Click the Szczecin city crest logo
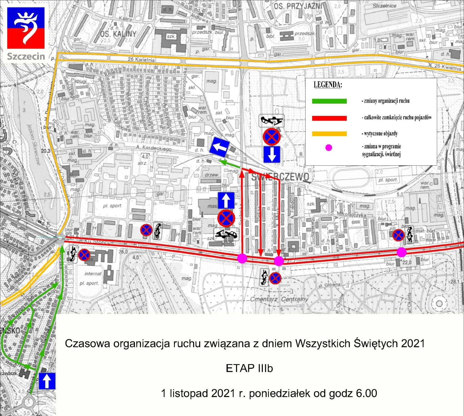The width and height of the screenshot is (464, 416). tap(26, 28)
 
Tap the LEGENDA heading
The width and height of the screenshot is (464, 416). tap(328, 85)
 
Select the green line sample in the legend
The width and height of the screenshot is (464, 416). tap(329, 101)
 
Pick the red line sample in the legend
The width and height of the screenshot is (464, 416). tap(329, 118)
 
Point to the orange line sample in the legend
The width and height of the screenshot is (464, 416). tap(329, 134)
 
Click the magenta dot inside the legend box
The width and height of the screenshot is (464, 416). tap(328, 148)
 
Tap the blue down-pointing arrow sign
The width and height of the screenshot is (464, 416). tap(272, 154)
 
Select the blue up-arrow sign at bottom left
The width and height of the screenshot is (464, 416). tap(47, 381)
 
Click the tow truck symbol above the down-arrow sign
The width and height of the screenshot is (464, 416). tap(271, 121)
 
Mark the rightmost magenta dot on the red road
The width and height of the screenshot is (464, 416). tap(402, 252)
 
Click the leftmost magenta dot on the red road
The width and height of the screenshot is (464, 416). tap(242, 258)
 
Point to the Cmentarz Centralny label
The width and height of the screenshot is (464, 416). tap(279, 299)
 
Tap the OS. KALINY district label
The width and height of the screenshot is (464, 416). tap(118, 34)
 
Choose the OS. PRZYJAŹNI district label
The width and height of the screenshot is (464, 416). tap(298, 6)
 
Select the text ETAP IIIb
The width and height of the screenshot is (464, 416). tap(249, 368)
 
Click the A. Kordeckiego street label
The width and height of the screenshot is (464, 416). tap(154, 148)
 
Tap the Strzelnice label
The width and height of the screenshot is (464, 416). tap(384, 6)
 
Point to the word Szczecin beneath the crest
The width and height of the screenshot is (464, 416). tap(26, 56)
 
